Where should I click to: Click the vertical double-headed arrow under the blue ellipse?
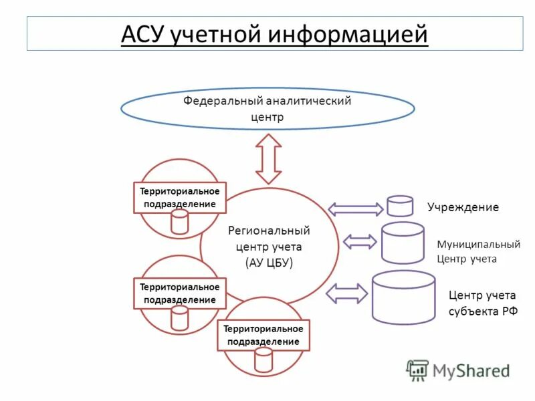coord(269,158)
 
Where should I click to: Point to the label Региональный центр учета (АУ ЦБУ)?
coord(269,246)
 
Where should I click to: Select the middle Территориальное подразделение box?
coord(180,293)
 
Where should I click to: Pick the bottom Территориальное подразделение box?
coord(263,335)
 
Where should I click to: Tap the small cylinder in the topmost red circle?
coord(180,222)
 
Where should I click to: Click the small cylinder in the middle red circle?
coord(180,318)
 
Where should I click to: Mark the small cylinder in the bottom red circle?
coord(263,360)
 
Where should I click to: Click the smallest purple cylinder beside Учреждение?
coord(400,206)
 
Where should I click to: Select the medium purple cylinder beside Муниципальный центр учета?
coord(403,243)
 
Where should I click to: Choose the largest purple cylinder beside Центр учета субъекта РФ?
coord(403,297)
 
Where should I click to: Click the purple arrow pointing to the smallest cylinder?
coord(356,209)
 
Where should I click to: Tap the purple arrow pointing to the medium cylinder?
coord(360,241)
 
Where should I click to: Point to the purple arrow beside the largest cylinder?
coord(347,293)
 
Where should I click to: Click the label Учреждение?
coord(463,207)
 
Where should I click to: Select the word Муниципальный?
coord(478,245)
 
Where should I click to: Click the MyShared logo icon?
coord(418,370)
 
